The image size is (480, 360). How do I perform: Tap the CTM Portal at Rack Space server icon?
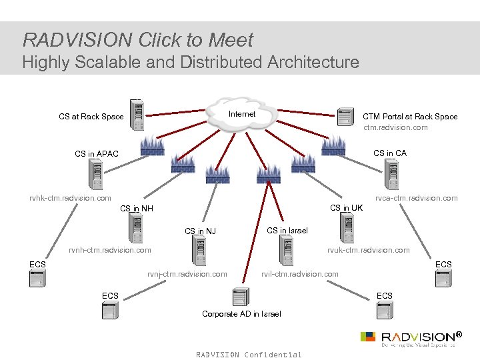tap(345, 116)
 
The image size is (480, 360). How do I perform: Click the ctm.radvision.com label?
tap(395, 127)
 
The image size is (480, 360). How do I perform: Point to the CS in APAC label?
tap(97, 154)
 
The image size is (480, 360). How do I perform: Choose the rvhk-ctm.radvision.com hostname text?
tap(70, 198)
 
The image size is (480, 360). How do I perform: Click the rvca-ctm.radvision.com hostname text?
tap(416, 198)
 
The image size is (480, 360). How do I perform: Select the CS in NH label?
tap(137, 209)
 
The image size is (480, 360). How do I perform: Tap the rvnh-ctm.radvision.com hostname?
tap(110, 250)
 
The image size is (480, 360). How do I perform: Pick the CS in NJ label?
tap(200, 231)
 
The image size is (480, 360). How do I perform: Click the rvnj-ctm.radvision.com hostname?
tap(187, 274)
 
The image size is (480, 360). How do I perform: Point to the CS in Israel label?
tap(287, 231)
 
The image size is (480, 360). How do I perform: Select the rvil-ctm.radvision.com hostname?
tap(299, 274)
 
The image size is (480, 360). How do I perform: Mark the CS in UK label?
tap(347, 208)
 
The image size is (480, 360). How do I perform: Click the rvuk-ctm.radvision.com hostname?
tap(368, 250)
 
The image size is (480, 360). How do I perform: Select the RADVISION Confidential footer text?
tap(249, 355)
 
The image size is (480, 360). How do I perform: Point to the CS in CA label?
tap(390, 153)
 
